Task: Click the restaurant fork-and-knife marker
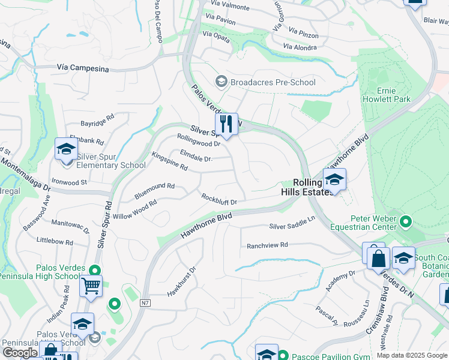[226, 124]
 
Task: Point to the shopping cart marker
[91, 286]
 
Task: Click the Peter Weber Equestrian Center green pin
[405, 223]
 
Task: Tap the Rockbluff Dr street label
[223, 199]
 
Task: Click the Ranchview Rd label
[268, 245]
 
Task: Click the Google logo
[20, 352]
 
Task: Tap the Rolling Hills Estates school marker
[334, 178]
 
